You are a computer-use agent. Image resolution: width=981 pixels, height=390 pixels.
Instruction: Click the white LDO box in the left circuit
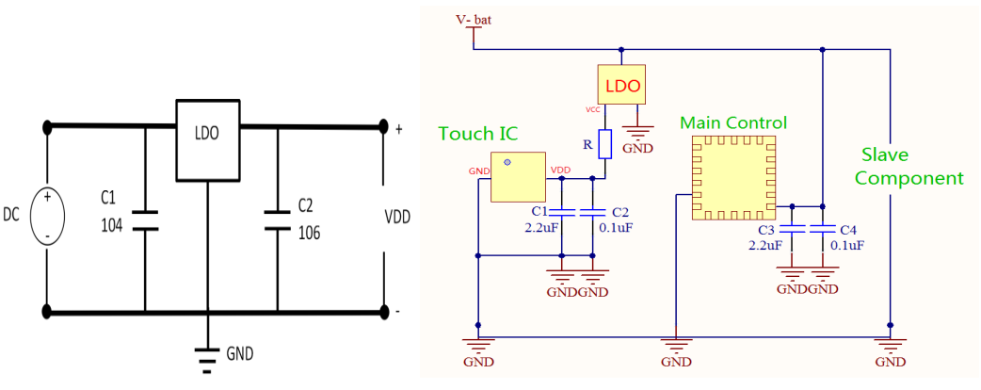[x=207, y=138]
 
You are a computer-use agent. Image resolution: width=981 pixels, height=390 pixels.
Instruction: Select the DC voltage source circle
[x=45, y=217]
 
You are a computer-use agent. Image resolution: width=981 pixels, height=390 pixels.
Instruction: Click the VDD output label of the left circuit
[x=398, y=217]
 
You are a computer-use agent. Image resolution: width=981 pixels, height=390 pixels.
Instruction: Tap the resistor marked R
[x=605, y=144]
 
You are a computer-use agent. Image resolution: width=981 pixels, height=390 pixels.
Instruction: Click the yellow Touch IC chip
[x=518, y=176]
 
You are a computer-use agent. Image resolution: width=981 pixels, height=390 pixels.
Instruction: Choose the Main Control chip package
[x=733, y=178]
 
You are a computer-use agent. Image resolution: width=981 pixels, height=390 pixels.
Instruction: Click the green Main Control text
[x=733, y=123]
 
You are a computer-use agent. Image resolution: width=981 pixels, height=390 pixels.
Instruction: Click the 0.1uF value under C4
[x=848, y=245]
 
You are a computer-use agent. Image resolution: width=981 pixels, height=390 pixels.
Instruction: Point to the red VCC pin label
[x=593, y=109]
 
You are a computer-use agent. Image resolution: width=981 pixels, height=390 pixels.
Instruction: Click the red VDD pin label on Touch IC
[x=559, y=171]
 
